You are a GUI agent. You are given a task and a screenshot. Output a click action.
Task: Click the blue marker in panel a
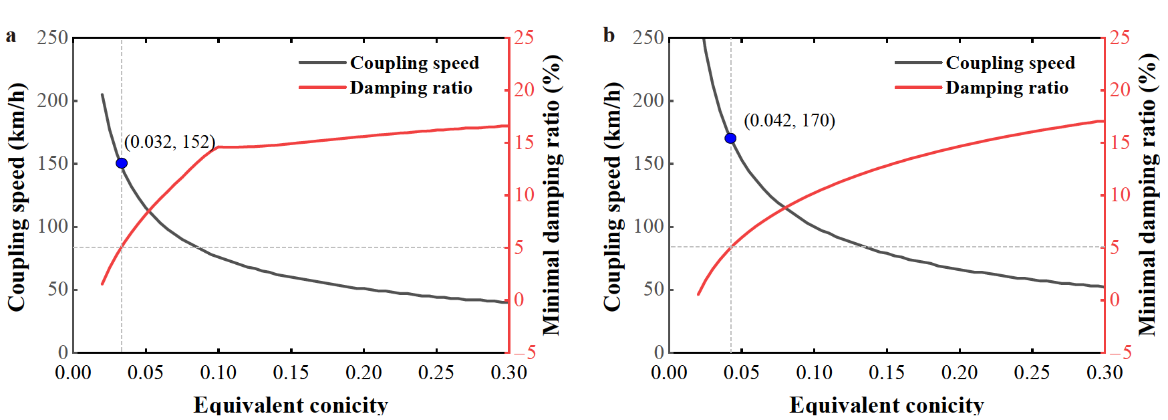pos(122,163)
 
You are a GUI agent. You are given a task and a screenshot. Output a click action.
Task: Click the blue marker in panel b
pos(730,138)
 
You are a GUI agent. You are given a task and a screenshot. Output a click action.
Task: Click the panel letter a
pos(11,35)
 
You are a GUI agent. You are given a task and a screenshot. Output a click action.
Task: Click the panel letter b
pos(608,35)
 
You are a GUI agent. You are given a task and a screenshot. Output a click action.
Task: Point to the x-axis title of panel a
pos(291,405)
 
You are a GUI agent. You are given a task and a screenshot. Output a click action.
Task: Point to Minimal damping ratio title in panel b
pos(1148,194)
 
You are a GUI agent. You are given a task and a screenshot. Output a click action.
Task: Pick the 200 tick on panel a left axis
pos(53,100)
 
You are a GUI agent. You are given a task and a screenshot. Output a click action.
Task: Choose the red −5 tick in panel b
pos(1121,352)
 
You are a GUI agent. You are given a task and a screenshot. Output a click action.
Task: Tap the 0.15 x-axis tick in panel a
pos(291,373)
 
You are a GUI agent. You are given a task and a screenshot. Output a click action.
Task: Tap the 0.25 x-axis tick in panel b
pos(1032,373)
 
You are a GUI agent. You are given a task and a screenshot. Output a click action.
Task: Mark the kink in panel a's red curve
pos(218,146)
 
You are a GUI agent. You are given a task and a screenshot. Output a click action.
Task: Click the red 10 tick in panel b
pos(1120,195)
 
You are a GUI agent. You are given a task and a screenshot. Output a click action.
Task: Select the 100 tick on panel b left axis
pos(649,226)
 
